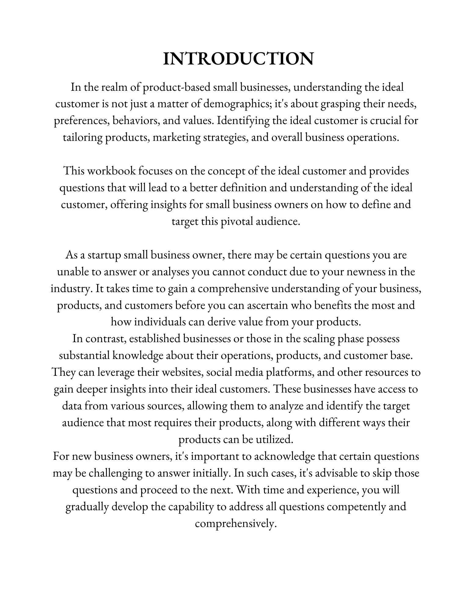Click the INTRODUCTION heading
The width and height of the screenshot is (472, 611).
tap(238, 59)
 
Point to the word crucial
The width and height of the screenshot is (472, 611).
tap(386, 121)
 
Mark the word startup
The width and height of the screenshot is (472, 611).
tap(104, 255)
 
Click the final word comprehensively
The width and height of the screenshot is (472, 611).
tap(236, 524)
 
